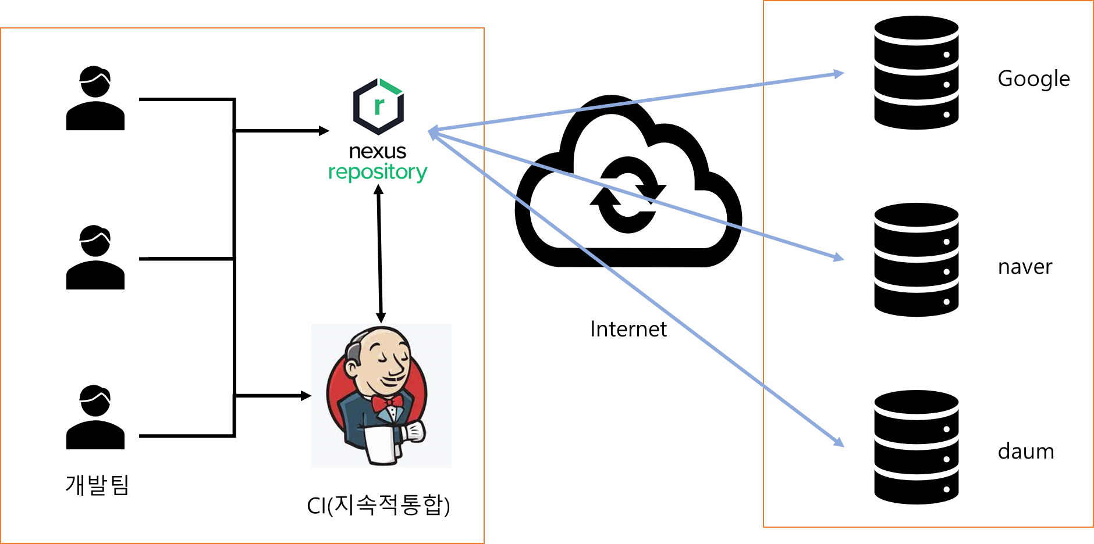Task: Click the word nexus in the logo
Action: (x=378, y=152)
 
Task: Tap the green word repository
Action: (x=378, y=172)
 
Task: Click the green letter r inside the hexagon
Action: (x=379, y=106)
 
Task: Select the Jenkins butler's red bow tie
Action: (x=387, y=402)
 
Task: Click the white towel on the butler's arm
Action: (x=381, y=445)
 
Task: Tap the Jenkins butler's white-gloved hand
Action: (x=415, y=432)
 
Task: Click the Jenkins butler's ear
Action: (x=352, y=367)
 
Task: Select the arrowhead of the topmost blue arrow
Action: (x=839, y=74)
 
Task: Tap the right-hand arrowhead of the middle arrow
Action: (x=839, y=257)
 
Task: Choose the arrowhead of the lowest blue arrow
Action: (x=839, y=443)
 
